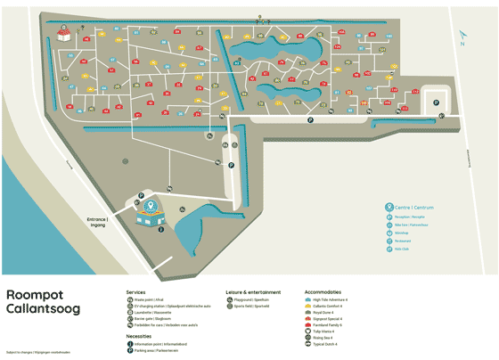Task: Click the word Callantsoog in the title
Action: [x=44, y=309]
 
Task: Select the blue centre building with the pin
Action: [x=149, y=213]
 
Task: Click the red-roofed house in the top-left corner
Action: [x=64, y=34]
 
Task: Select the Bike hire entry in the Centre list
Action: [x=411, y=225]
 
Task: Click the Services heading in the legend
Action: [x=135, y=291]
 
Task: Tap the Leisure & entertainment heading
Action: [x=255, y=291]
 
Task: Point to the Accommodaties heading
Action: [x=323, y=291]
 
